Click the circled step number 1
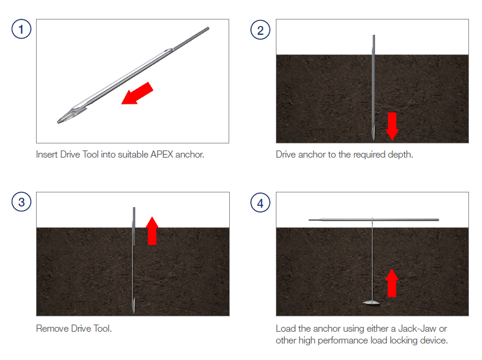[21, 29]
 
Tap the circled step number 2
[260, 30]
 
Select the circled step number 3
[21, 202]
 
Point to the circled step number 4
[260, 203]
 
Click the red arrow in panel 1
[137, 93]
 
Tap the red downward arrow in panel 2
[392, 126]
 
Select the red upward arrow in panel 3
[152, 231]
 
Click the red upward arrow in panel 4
[392, 283]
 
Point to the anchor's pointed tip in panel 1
[58, 122]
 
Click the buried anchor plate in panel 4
[372, 303]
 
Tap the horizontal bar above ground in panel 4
[374, 220]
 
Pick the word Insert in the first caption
[47, 154]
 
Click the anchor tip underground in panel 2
[373, 138]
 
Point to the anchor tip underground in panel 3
[133, 310]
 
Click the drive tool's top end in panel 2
[374, 35]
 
